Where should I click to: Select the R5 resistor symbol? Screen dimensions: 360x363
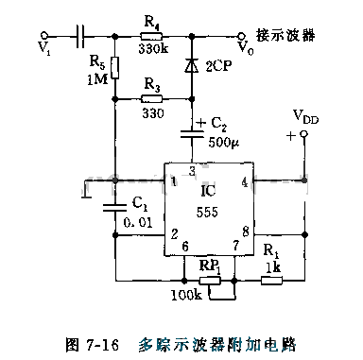(x=113, y=68)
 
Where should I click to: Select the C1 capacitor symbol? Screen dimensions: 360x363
(x=113, y=203)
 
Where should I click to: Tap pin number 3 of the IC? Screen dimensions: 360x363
(x=192, y=170)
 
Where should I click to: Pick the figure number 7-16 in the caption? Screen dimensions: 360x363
(x=95, y=345)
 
